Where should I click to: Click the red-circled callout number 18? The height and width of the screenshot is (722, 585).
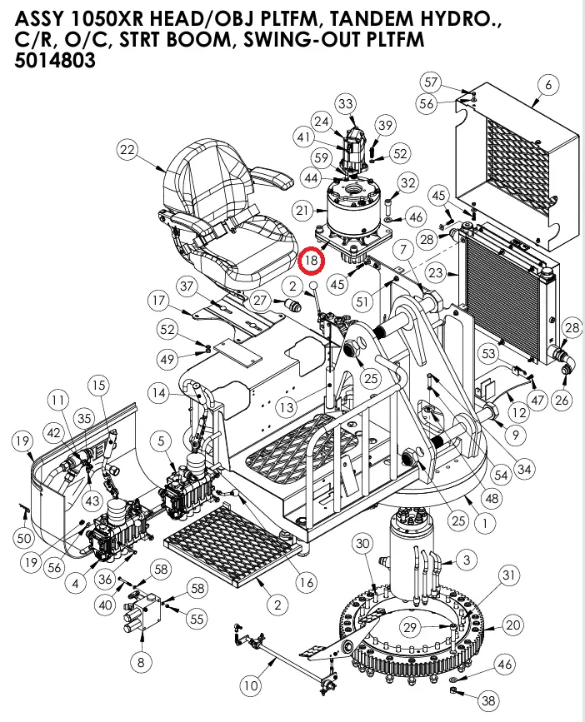(312, 261)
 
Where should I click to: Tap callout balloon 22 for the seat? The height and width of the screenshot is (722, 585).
(127, 151)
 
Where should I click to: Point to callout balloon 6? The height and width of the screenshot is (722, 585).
(547, 85)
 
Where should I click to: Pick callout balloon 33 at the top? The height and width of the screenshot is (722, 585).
(346, 103)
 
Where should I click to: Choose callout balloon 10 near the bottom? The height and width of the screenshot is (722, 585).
(249, 686)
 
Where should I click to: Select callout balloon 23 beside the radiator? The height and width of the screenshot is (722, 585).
(458, 272)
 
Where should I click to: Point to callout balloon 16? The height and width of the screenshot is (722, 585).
(306, 582)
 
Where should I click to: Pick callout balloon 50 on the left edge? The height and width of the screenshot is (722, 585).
(24, 538)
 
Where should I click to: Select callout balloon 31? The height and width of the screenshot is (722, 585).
(508, 575)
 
